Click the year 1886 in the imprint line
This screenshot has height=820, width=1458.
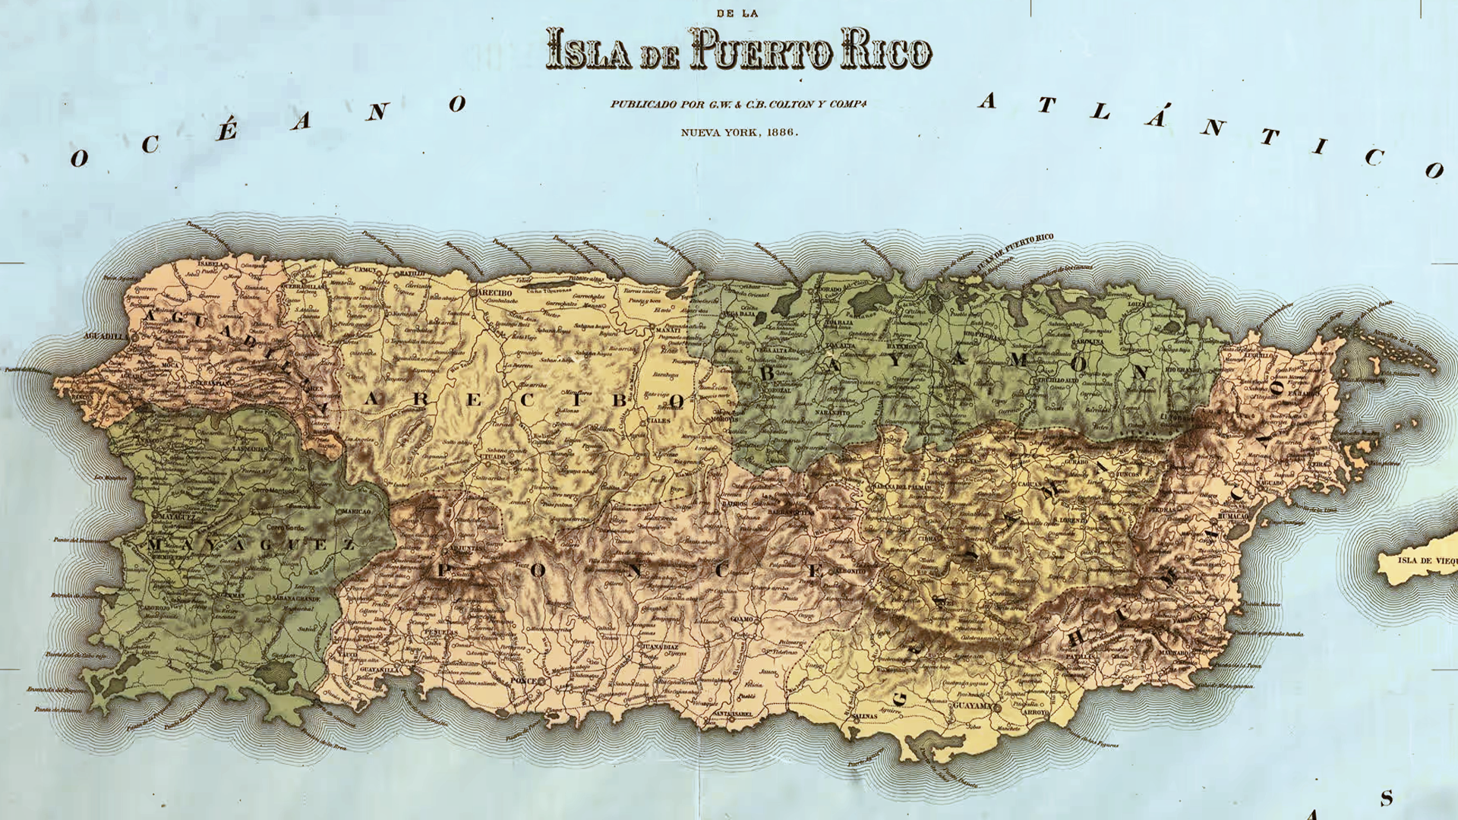781,132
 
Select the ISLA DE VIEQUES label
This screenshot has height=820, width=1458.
1426,561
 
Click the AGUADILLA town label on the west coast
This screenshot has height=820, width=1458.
106,336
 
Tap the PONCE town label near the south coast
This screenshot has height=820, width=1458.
522,681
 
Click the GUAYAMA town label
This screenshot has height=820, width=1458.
972,705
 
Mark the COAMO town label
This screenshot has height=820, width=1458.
741,620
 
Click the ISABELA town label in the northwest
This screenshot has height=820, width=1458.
210,264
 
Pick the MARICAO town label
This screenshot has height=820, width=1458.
355,512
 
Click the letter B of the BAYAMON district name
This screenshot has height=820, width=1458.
767,374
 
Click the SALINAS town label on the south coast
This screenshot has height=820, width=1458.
863,716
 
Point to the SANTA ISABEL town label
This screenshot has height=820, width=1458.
731,714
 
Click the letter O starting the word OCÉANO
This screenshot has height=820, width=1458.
79,159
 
